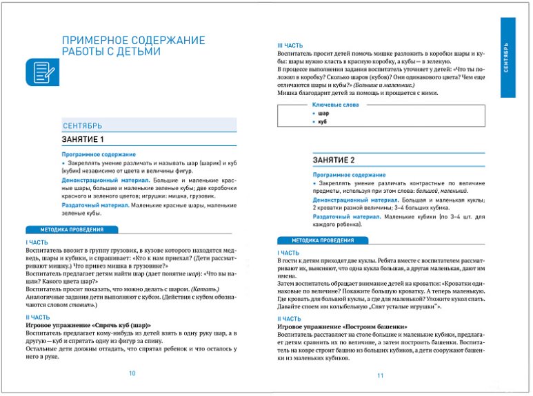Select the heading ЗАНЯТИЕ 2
pyautogui.click(x=334, y=160)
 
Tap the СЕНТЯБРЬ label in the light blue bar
pyautogui.click(x=82, y=125)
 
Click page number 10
pyautogui.click(x=132, y=373)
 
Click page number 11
pyautogui.click(x=380, y=375)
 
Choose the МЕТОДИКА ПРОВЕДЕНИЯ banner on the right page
pyautogui.click(x=322, y=240)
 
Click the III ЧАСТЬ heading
pyautogui.click(x=289, y=45)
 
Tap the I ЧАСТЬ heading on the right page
pyautogui.click(x=288, y=253)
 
